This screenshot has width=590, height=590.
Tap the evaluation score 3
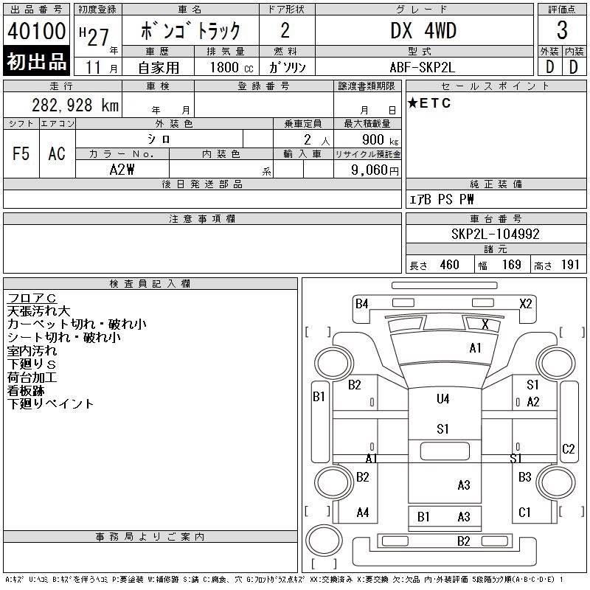562,30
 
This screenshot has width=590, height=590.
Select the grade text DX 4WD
423,30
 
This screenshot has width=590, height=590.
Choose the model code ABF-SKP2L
423,66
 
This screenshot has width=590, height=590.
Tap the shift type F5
21,153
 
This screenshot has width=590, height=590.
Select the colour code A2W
122,170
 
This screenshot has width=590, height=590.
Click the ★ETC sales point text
429,103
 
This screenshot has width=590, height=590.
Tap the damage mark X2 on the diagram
526,303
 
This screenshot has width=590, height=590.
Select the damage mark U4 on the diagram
442,399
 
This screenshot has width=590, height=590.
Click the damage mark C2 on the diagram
568,448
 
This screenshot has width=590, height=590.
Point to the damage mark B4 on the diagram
361,303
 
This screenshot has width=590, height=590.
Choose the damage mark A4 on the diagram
362,513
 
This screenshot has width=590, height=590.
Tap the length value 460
449,265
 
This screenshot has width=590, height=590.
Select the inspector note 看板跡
27,391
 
